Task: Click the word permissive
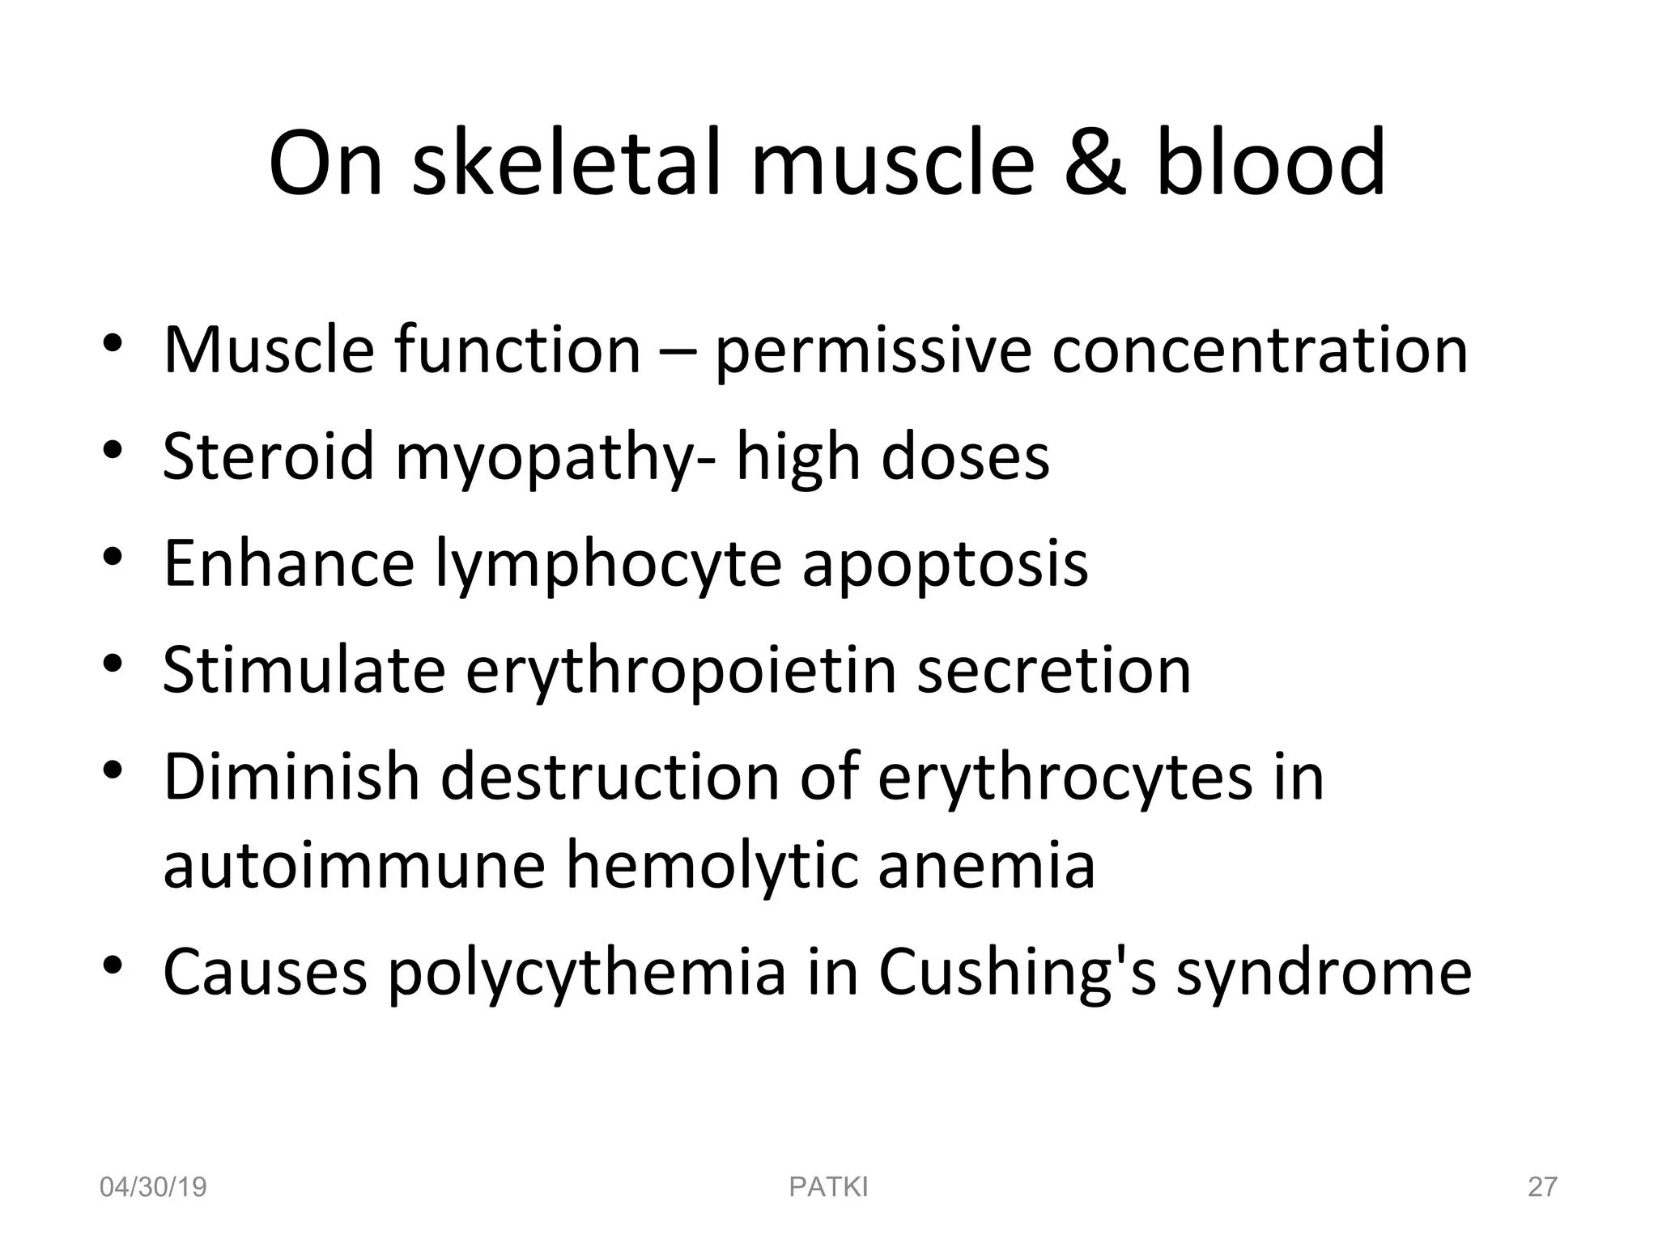(x=873, y=352)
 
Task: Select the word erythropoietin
(x=681, y=672)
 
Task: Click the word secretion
(x=1053, y=671)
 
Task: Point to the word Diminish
(x=291, y=777)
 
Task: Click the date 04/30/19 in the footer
(x=153, y=1187)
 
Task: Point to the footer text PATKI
(x=828, y=1187)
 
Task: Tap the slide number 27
(x=1542, y=1187)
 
